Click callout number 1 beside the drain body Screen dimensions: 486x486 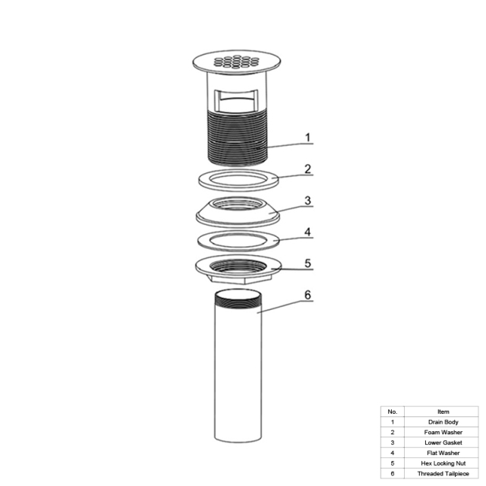(x=308, y=137)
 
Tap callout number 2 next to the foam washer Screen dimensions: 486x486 (x=308, y=169)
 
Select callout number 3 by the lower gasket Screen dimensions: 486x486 (x=308, y=200)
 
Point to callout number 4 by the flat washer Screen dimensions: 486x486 (x=308, y=232)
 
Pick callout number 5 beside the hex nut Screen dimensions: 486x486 (x=308, y=264)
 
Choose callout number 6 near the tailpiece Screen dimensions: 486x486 (x=308, y=295)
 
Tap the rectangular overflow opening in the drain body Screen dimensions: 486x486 (x=237, y=100)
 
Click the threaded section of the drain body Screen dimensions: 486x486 (x=238, y=139)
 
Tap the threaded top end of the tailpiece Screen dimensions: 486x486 (x=238, y=300)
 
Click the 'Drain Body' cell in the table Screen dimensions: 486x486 (x=443, y=422)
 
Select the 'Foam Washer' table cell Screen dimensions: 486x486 (x=443, y=432)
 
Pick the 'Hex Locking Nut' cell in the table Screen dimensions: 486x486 (x=443, y=463)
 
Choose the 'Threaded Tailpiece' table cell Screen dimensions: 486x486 (x=443, y=474)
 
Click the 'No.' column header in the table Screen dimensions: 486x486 (x=393, y=412)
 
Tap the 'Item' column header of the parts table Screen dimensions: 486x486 (x=443, y=412)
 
